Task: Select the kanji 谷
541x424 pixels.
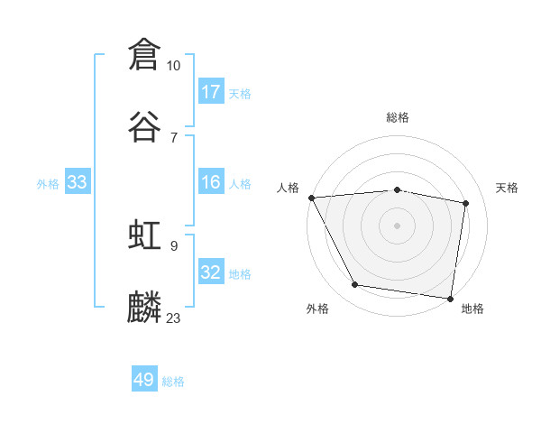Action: pos(144,126)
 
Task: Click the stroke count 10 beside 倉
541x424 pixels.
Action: pos(174,65)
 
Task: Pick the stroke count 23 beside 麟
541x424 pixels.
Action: pos(174,318)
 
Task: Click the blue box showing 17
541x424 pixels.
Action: pos(211,92)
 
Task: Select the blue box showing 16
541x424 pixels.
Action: pos(211,182)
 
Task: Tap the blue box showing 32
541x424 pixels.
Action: pos(211,272)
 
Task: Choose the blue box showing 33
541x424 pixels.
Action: pos(78,182)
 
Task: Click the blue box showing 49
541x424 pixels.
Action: pos(144,380)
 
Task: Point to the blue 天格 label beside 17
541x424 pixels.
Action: pos(240,93)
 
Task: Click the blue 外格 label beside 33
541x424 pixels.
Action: pos(48,183)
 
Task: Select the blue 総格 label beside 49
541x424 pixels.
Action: pos(173,381)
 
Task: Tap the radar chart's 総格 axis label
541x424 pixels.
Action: pos(398,117)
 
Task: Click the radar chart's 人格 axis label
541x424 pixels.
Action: pos(289,188)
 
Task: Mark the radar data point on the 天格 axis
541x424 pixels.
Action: pos(466,203)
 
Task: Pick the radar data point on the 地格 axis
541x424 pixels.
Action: pos(450,298)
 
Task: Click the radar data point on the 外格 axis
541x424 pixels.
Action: pos(355,285)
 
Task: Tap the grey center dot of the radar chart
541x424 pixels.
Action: pos(398,226)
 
